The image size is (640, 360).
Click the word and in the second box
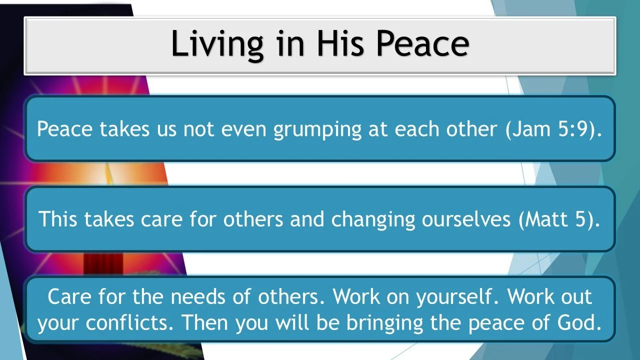[x=306, y=219]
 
